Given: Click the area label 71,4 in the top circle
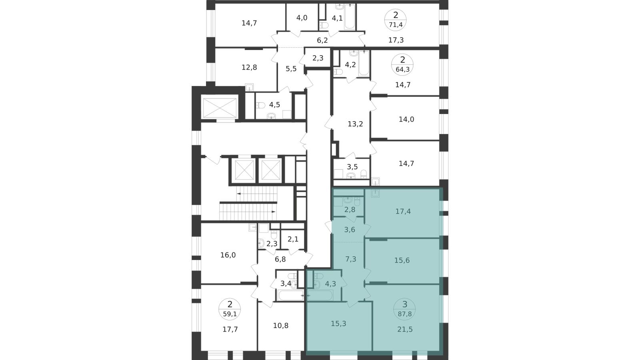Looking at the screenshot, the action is coord(396,25).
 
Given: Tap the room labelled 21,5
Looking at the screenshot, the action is coord(405,330).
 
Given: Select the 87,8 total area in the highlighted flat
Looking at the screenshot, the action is coord(404,314).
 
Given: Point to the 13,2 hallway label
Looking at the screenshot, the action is coord(355,124).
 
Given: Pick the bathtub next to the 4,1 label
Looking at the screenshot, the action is coord(350,16).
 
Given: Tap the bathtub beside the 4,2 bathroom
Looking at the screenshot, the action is coord(364,63).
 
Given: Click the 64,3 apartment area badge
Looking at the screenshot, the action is coord(402,69).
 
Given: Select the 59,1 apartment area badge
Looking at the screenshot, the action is coord(230,314).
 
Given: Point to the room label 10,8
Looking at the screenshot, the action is coord(280,326).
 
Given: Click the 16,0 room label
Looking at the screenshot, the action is coord(228,255).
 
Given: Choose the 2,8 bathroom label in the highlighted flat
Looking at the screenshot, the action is coord(350,210).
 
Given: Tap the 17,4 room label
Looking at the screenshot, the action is coord(403,212).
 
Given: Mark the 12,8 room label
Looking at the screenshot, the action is coord(249,68).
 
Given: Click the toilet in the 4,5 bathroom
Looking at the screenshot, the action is coord(260,106).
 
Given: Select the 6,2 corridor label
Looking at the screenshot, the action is coord(322,40).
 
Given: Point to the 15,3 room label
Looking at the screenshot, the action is coord(338,324).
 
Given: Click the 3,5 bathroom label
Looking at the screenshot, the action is coord(352,167).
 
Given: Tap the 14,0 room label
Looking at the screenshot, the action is coord(406,120).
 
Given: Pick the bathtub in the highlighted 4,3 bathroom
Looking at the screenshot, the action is coord(320,296).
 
